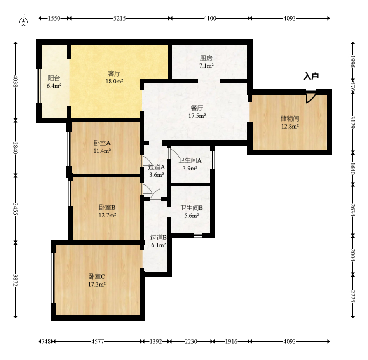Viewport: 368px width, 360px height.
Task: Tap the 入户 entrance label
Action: [311, 76]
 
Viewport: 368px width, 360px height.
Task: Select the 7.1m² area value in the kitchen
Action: [206, 66]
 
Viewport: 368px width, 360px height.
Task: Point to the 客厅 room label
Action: [114, 73]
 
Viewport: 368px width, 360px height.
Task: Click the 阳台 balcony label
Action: [54, 78]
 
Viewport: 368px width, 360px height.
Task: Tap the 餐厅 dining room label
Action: [197, 108]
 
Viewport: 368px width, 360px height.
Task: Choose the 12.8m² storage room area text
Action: [290, 126]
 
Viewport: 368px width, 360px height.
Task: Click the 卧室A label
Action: [102, 143]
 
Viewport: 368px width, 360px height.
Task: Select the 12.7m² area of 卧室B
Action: [108, 215]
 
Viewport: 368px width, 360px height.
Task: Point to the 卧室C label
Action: [97, 277]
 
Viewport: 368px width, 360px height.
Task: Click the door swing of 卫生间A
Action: [174, 153]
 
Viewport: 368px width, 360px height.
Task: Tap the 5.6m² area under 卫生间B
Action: [192, 216]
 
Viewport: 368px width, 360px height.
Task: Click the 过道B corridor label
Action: [159, 237]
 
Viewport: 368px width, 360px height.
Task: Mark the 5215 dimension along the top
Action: [120, 18]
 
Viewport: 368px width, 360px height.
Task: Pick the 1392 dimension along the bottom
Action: [156, 341]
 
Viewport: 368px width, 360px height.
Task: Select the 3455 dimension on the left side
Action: [16, 209]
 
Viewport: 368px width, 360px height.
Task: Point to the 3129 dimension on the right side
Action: [353, 122]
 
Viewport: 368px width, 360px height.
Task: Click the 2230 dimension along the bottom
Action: [191, 341]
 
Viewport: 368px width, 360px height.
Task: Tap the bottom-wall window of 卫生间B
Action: [198, 235]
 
